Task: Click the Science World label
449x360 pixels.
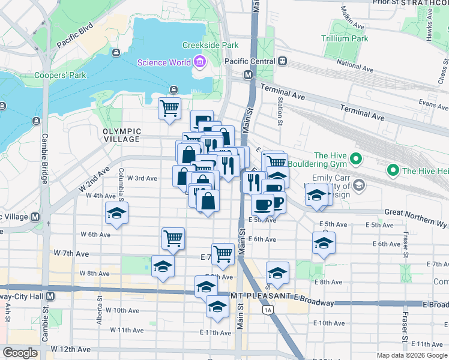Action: click(x=163, y=62)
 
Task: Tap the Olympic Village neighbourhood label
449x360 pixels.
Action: click(x=121, y=135)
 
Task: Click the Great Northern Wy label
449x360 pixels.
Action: click(x=416, y=215)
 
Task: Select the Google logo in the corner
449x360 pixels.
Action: click(x=20, y=353)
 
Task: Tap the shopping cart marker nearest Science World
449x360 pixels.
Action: click(x=170, y=108)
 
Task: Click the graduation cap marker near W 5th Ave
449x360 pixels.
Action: click(x=116, y=213)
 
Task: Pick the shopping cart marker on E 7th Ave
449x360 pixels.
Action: click(x=223, y=253)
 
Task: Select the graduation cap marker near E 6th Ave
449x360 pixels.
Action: click(x=324, y=243)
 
